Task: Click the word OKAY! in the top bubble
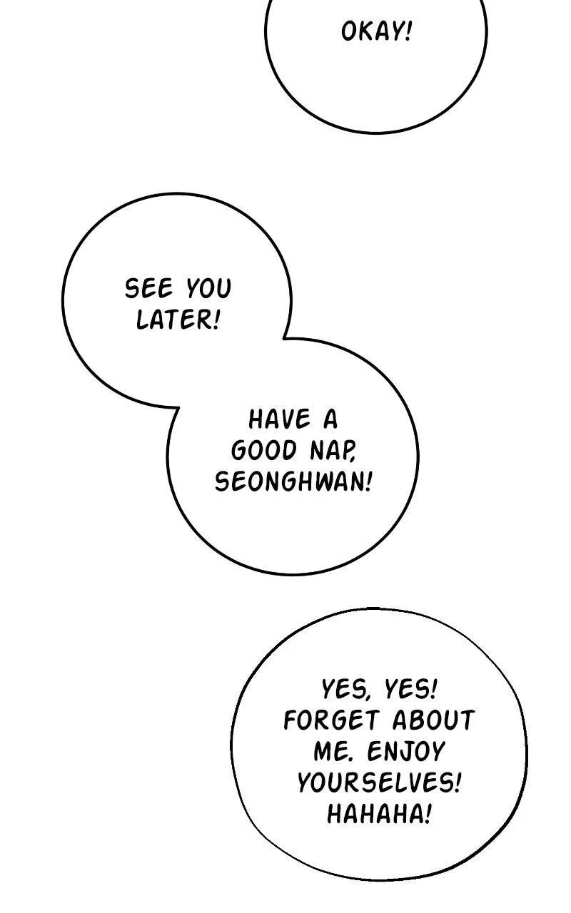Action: tap(376, 32)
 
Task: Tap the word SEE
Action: tap(149, 288)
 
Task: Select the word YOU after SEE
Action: tap(209, 288)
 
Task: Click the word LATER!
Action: tap(178, 320)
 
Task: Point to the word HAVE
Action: tap(280, 419)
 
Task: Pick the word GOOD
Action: tap(264, 451)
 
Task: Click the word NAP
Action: tap(333, 452)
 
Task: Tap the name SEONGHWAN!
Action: tap(293, 481)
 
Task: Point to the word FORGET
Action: tap(332, 720)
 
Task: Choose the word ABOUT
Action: tap(433, 720)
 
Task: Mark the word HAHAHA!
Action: tap(379, 815)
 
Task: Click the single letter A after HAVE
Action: tap(330, 419)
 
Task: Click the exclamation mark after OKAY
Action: tap(408, 32)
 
